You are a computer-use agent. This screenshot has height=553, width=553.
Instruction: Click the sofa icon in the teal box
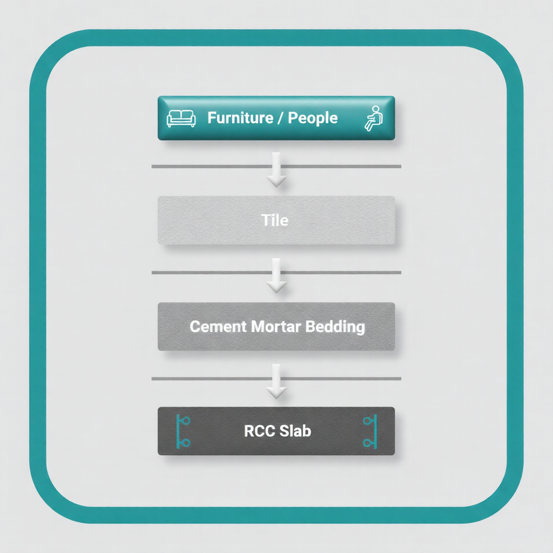pyautogui.click(x=181, y=118)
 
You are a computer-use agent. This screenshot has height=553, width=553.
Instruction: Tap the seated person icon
pyautogui.click(x=372, y=118)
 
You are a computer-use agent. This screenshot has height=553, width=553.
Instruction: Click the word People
pyautogui.click(x=313, y=118)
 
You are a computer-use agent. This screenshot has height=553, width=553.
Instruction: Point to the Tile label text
pyautogui.click(x=275, y=220)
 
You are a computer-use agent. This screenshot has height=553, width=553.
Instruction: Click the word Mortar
pyautogui.click(x=274, y=326)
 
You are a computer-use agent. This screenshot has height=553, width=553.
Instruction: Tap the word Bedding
pyautogui.click(x=335, y=326)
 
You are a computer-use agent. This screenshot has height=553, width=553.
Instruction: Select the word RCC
pyautogui.click(x=260, y=431)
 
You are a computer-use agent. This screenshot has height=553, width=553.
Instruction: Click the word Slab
pyautogui.click(x=295, y=431)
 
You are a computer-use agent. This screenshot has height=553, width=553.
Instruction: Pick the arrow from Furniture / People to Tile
pyautogui.click(x=276, y=171)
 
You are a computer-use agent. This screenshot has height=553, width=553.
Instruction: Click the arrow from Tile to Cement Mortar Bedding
pyautogui.click(x=276, y=276)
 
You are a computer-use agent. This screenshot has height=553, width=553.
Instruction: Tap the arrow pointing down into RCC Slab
pyautogui.click(x=276, y=382)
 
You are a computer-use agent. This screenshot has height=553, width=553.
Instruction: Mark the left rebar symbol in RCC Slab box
pyautogui.click(x=183, y=431)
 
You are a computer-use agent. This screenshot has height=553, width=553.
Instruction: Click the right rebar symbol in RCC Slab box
pyautogui.click(x=370, y=431)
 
